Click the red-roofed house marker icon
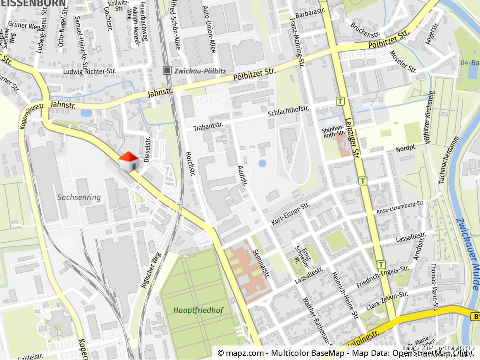click(x=129, y=162)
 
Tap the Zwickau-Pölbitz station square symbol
click(x=167, y=70)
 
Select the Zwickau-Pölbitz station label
click(x=200, y=71)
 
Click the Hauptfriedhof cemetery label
click(x=198, y=310)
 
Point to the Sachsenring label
click(x=79, y=197)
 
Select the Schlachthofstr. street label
click(x=289, y=112)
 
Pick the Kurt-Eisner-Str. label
click(x=290, y=213)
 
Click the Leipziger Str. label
click(x=351, y=137)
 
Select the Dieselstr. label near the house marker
click(x=147, y=149)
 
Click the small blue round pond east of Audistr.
click(x=262, y=163)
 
